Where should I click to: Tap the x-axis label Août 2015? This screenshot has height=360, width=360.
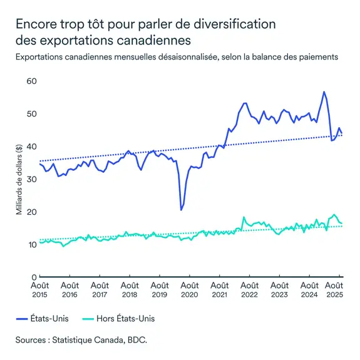(x=40, y=289)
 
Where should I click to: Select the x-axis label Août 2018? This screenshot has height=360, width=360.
(x=130, y=289)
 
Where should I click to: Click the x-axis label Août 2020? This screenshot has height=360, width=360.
(x=190, y=289)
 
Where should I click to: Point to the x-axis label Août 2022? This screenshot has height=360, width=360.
(x=250, y=289)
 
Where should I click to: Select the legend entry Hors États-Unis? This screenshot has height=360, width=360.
(x=125, y=319)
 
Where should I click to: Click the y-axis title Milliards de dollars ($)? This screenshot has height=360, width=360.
(x=19, y=179)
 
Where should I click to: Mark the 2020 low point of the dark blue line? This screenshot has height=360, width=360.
(x=181, y=209)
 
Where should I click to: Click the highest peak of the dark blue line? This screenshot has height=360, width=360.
(x=324, y=92)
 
